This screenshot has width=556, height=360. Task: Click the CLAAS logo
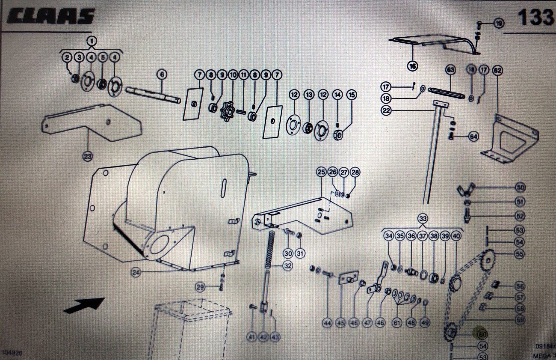[x=51, y=16]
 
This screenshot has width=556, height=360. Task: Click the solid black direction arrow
[x=84, y=305]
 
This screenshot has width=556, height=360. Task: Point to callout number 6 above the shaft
[x=161, y=74]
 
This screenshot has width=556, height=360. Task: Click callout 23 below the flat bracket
[x=88, y=156]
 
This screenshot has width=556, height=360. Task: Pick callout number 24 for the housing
[x=136, y=273]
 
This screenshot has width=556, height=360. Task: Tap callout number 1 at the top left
[x=91, y=41]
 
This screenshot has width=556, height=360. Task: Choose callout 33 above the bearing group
[x=423, y=217]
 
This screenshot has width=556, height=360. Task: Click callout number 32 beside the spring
[x=287, y=266]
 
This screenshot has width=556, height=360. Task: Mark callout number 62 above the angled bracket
[x=497, y=69]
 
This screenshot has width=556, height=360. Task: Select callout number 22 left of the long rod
[x=387, y=110]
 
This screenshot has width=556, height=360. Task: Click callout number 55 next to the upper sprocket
[x=520, y=254]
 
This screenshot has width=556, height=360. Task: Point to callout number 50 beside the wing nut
[x=520, y=187]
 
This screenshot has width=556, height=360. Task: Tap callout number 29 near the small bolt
[x=200, y=287]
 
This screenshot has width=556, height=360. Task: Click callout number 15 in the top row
[x=351, y=94]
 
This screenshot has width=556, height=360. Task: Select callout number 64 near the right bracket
[x=473, y=137]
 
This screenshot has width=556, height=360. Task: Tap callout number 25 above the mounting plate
[x=321, y=172]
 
